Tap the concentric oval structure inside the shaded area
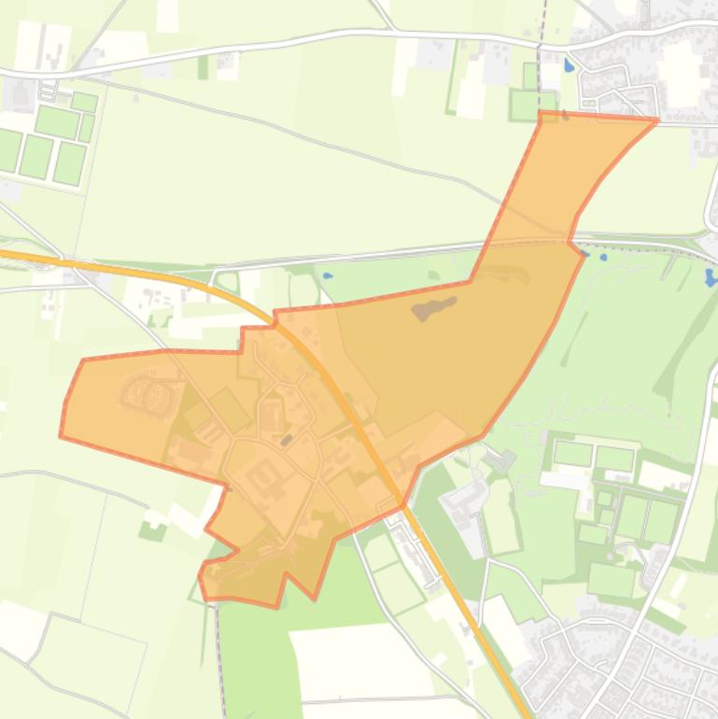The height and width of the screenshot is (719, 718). click(149, 393)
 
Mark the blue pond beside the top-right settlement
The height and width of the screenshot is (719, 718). click(570, 66)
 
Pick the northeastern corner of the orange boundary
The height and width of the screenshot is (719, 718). click(657, 120)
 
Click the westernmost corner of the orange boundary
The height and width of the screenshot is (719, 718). click(61, 435)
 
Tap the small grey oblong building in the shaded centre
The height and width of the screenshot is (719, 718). click(287, 439)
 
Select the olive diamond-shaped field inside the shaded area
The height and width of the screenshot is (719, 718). click(228, 408)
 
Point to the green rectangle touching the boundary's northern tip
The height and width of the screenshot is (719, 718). click(531, 105)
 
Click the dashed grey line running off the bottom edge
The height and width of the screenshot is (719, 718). click(223, 672)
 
